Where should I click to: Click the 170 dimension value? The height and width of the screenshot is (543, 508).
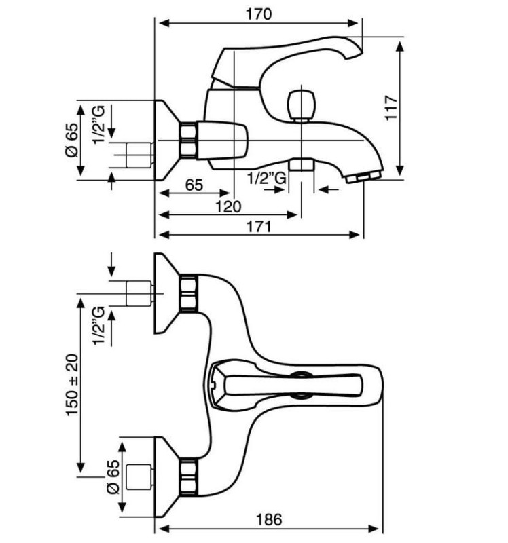coord(259,14)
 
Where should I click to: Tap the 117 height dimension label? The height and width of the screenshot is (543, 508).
coord(391,108)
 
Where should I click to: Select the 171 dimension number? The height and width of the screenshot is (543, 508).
coord(259,227)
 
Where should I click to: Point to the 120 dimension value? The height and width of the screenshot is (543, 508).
coord(228,207)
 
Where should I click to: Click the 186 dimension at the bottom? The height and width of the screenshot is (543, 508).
coord(269,519)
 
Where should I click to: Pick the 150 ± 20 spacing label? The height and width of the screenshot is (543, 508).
coord(73,385)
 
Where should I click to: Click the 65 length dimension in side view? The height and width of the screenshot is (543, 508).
coord(194,185)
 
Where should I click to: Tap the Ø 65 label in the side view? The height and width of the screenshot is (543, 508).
coord(72,141)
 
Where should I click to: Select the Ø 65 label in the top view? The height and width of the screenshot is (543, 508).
coord(113,477)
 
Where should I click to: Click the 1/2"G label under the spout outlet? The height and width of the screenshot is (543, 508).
coord(267,179)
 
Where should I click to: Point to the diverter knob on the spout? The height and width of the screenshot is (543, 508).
coord(301,106)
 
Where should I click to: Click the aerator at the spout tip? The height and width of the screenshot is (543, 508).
coord(364,177)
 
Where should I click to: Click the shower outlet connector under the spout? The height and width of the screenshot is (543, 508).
coord(301,164)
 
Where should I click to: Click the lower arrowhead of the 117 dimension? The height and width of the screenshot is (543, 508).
coord(400,170)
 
